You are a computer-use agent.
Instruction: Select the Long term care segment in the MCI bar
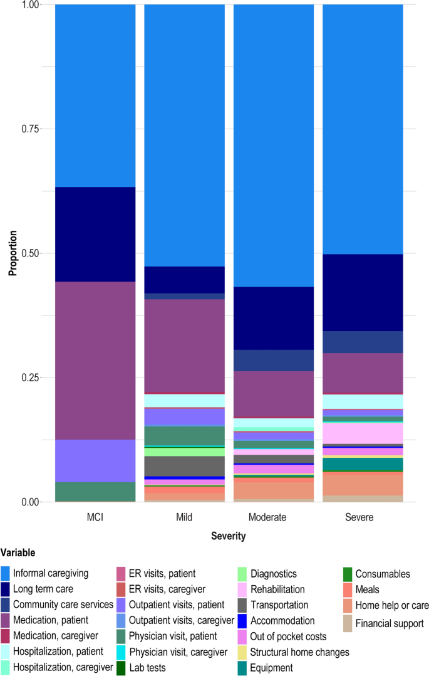[x=95, y=234]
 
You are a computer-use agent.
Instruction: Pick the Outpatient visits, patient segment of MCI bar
[x=95, y=461]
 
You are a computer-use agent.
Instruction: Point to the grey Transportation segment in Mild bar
[x=184, y=466]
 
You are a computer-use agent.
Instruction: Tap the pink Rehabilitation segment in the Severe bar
[x=363, y=433]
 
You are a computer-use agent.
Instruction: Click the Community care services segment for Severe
[x=363, y=342]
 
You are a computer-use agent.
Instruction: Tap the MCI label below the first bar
[x=95, y=518]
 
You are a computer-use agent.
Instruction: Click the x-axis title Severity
[x=228, y=537]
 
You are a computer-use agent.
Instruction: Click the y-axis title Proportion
[x=12, y=253]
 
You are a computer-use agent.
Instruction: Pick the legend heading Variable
[x=18, y=553]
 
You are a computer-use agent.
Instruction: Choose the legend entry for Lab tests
[x=148, y=668]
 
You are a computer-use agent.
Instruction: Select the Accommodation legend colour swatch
[x=242, y=621]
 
